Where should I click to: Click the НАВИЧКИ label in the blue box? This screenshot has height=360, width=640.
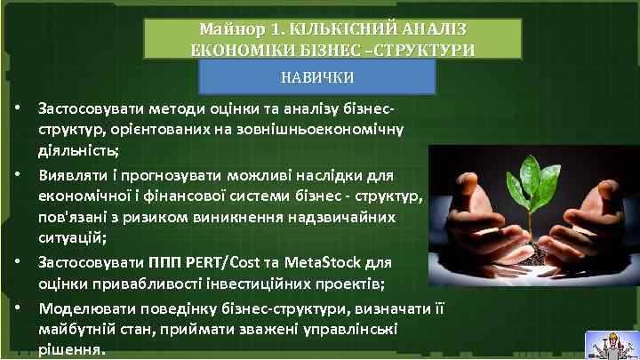pyautogui.click(x=316, y=77)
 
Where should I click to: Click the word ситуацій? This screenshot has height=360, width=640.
pyautogui.click(x=67, y=237)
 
